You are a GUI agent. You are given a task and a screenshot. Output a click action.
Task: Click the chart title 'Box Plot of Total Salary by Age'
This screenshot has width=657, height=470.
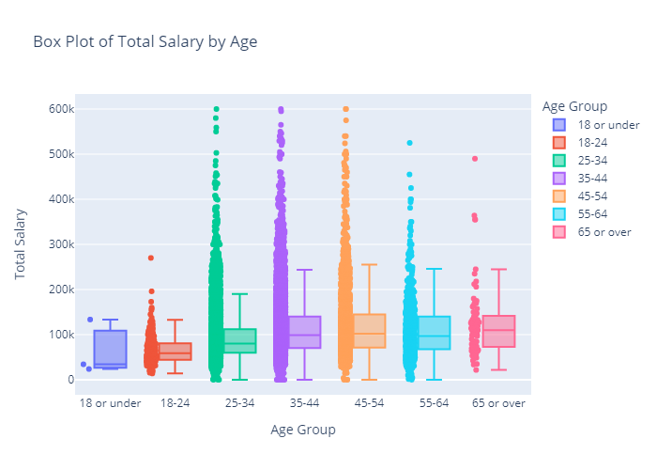pyautogui.click(x=145, y=41)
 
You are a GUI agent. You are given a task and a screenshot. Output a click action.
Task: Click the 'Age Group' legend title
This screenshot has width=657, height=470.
pyautogui.click(x=573, y=106)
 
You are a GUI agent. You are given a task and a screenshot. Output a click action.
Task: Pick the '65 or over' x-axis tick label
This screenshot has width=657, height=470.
pyautogui.click(x=498, y=403)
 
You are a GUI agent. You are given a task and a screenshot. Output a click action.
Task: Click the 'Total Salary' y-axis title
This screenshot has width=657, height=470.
pyautogui.click(x=21, y=244)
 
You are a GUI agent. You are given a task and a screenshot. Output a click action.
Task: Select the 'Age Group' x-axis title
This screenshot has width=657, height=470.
pyautogui.click(x=302, y=430)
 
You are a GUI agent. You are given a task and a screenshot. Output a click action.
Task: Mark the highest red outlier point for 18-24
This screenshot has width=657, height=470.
pyautogui.click(x=150, y=258)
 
